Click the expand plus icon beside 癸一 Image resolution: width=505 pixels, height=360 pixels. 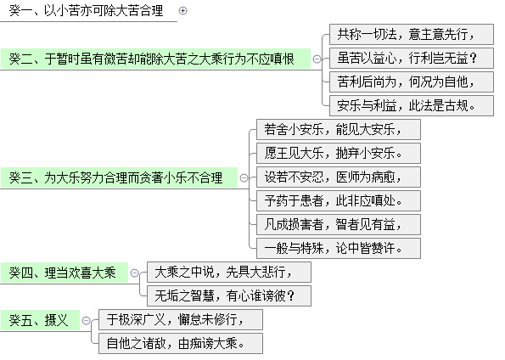(x=183, y=11)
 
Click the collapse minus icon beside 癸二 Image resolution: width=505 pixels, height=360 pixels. (x=317, y=59)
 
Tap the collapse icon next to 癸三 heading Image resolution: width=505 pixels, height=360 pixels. (x=244, y=177)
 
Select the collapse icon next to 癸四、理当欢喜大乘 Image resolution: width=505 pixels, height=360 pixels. (x=134, y=273)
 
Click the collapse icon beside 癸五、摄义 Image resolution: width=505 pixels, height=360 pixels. (x=86, y=320)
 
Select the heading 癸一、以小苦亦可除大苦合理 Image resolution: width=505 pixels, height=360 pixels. (x=86, y=11)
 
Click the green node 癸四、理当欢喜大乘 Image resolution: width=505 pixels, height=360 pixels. (x=65, y=273)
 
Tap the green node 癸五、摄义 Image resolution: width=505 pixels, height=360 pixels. (x=40, y=320)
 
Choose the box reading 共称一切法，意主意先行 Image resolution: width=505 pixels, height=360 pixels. (x=412, y=34)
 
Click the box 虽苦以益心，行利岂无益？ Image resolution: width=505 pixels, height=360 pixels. (x=412, y=58)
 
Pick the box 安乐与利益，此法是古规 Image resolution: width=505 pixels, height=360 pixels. (x=412, y=105)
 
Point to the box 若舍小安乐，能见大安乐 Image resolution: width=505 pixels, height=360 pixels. (x=339, y=130)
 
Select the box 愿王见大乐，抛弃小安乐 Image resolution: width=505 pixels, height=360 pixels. (x=339, y=153)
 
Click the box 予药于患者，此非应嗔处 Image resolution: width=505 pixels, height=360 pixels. (x=339, y=200)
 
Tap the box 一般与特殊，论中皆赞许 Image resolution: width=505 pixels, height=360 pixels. (x=339, y=248)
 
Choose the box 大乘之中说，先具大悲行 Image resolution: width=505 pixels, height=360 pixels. (x=229, y=272)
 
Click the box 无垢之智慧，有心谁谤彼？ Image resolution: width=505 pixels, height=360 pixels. (x=229, y=295)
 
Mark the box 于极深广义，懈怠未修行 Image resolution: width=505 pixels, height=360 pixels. (x=181, y=320)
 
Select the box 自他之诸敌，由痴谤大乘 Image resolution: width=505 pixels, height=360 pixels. (x=181, y=343)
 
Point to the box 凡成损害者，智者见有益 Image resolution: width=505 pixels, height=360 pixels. (x=339, y=224)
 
